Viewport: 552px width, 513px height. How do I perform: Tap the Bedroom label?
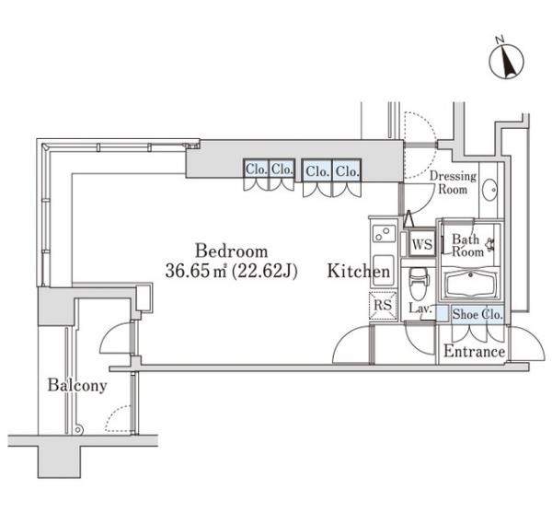[231, 251]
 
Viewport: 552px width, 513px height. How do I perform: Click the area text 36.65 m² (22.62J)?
[231, 271]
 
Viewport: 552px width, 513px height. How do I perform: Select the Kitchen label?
[359, 271]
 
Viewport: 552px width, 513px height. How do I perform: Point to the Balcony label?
[77, 385]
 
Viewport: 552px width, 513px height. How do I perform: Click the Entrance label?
[474, 351]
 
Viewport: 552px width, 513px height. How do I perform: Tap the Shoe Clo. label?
[477, 314]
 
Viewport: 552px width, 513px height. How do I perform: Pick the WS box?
[422, 243]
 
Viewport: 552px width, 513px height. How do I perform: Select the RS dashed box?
[383, 305]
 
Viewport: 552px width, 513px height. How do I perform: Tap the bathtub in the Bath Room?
[471, 283]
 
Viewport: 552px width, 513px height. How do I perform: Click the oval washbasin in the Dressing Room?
[489, 190]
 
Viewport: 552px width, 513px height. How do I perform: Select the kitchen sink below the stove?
[383, 271]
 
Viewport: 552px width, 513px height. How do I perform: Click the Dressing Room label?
[453, 182]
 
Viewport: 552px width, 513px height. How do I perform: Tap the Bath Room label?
[467, 246]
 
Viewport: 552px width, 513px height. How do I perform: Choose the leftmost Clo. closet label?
[257, 169]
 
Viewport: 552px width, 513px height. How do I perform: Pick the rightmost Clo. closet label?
[348, 171]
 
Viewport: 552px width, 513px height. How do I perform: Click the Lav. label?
[420, 309]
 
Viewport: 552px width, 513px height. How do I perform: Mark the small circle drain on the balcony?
[78, 430]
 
